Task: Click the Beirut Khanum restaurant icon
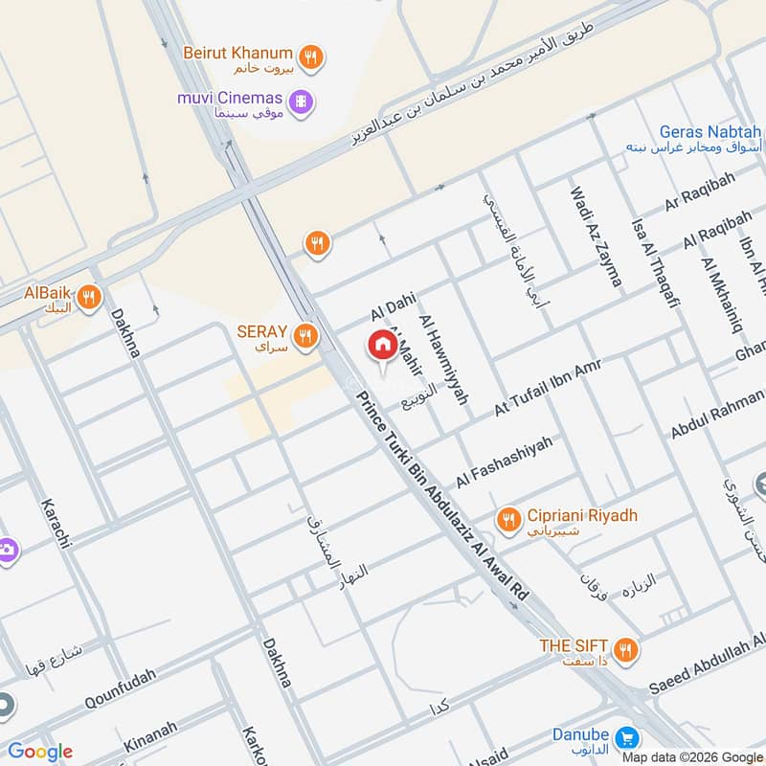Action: click(310, 56)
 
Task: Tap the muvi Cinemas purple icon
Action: click(302, 101)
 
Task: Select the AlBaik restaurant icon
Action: click(89, 297)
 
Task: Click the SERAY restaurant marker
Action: click(305, 335)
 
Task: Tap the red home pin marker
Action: click(382, 346)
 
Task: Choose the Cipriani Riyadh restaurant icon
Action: click(508, 519)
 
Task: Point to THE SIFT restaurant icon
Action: click(625, 650)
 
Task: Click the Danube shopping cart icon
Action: click(628, 738)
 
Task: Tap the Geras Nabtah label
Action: click(710, 131)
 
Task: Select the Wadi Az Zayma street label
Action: click(596, 237)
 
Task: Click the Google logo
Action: click(40, 752)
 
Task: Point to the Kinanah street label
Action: click(150, 738)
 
